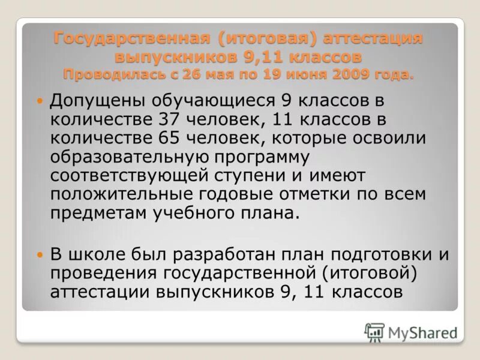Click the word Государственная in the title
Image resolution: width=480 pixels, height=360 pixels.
coord(132,38)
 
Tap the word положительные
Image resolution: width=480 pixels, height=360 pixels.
coord(118,195)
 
